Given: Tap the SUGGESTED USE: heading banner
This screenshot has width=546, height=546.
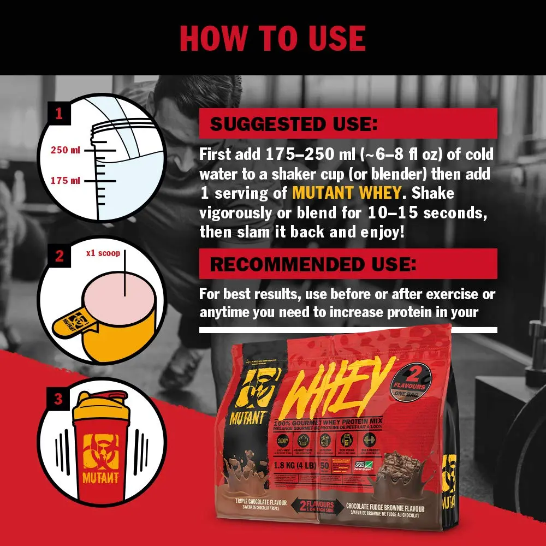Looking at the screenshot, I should click(x=348, y=123).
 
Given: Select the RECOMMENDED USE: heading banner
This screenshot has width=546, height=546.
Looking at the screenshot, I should click(x=348, y=264).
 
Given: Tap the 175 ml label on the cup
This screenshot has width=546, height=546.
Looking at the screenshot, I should click(x=66, y=180).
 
